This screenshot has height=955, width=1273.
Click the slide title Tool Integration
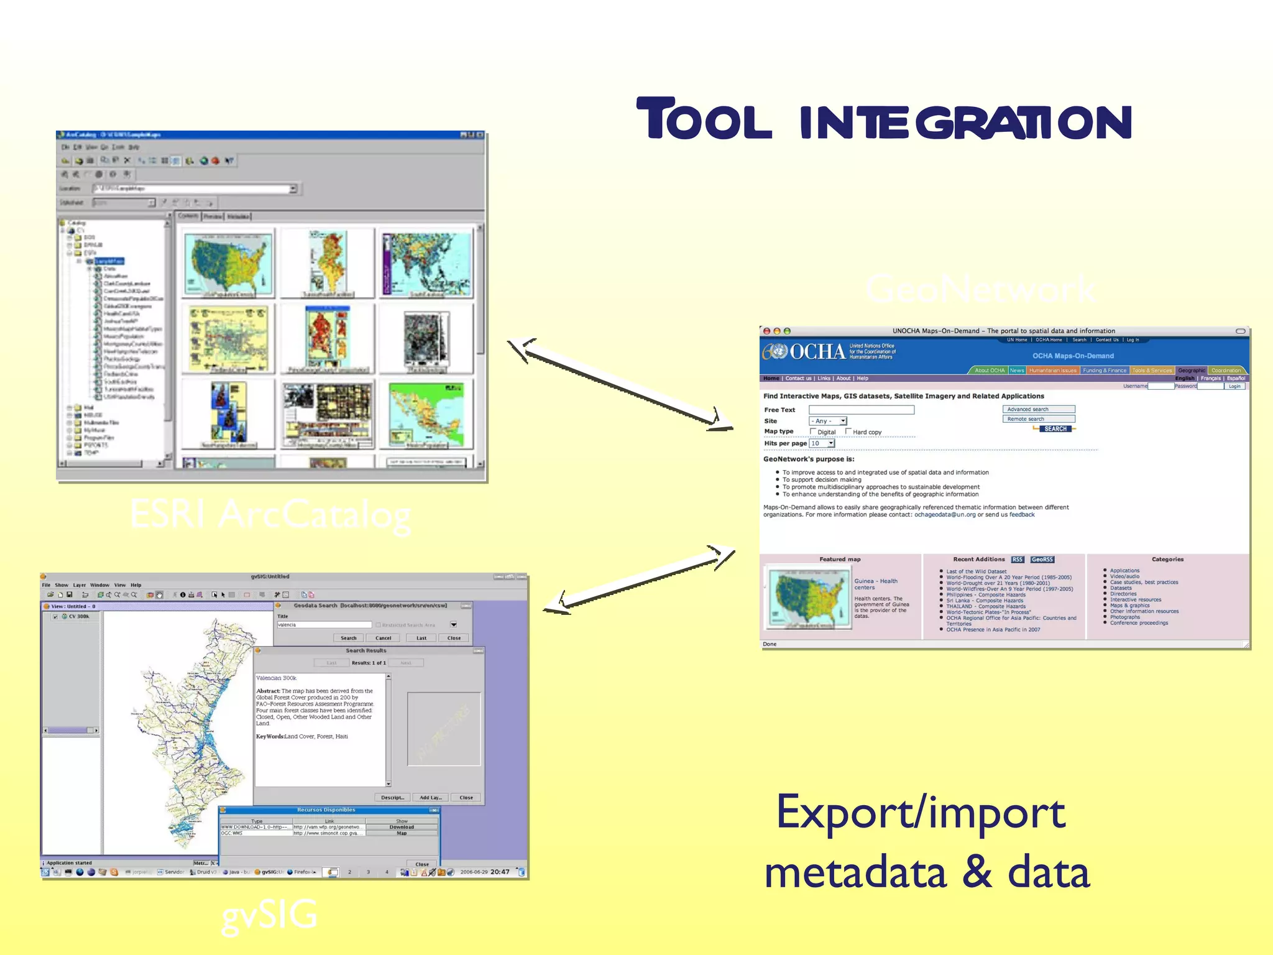[883, 119]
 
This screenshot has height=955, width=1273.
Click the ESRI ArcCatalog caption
[270, 515]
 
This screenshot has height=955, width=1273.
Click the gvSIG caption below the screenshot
[269, 915]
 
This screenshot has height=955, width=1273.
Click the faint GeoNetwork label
[980, 289]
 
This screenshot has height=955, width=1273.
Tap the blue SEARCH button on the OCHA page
[1055, 429]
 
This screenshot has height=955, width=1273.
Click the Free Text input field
[861, 410]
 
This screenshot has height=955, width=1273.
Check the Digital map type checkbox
[813, 431]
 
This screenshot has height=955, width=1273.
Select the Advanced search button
[1038, 409]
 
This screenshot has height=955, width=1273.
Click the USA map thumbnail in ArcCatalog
[229, 263]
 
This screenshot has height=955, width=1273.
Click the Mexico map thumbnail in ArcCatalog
[426, 413]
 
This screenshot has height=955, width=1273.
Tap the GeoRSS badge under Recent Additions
[1042, 560]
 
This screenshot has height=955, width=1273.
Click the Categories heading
[1167, 560]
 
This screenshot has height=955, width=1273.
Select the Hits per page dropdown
[822, 443]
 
